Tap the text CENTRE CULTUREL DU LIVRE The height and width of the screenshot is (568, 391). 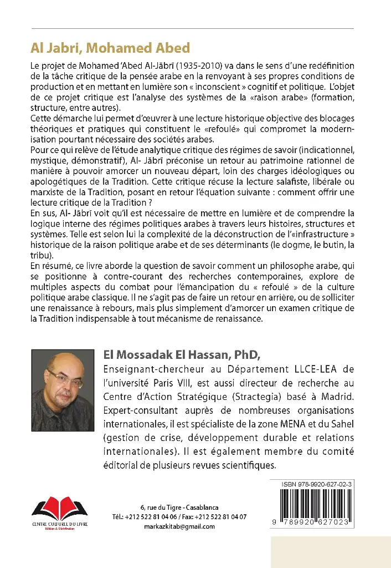tap(57, 523)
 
